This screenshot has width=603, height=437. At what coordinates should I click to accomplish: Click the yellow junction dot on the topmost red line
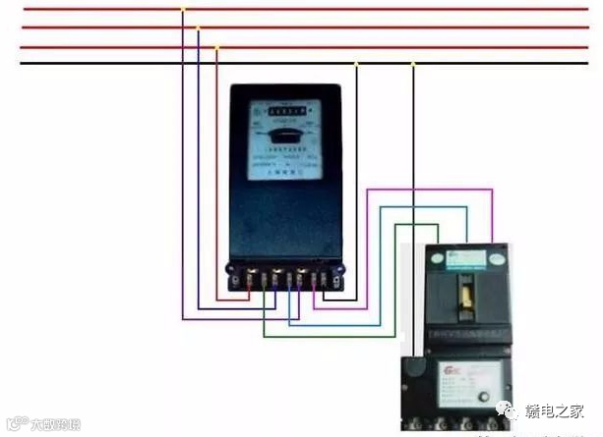(182, 10)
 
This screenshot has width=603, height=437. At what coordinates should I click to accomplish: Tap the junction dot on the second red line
(198, 28)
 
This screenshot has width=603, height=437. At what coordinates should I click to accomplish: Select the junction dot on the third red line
(216, 46)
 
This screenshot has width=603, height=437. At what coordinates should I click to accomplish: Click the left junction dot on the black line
(356, 65)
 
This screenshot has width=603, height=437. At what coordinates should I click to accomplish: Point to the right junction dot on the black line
(413, 65)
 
